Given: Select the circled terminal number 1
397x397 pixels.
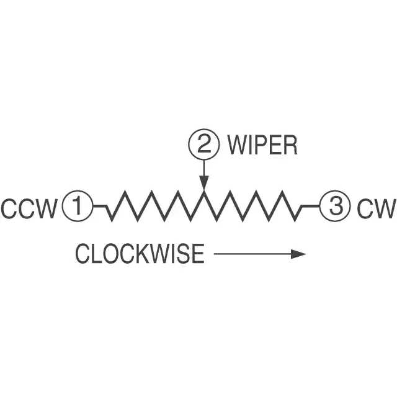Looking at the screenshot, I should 78,206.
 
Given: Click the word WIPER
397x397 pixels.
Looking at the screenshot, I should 262,146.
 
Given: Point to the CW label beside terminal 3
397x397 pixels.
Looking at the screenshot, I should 376,208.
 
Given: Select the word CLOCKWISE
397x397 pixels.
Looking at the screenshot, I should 140,254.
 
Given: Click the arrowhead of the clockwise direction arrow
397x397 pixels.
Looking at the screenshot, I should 300,254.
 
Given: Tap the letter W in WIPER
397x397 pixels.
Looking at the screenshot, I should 238,146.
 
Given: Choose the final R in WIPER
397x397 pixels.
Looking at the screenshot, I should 290,146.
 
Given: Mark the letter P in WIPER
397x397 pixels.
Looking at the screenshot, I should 261,146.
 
